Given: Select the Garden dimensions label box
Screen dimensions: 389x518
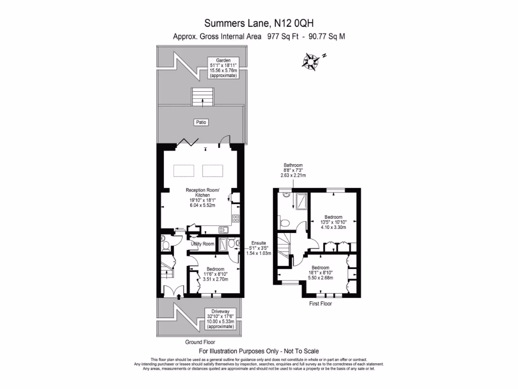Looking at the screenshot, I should [x=223, y=67].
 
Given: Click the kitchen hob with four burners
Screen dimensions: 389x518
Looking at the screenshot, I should [x=235, y=219].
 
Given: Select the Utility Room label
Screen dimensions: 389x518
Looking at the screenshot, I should [x=202, y=244].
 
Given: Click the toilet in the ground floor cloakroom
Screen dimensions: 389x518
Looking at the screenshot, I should [x=165, y=245].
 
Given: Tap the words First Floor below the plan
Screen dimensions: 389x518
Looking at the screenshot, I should [x=321, y=304].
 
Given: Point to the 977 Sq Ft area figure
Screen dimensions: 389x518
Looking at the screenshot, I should [x=282, y=36].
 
